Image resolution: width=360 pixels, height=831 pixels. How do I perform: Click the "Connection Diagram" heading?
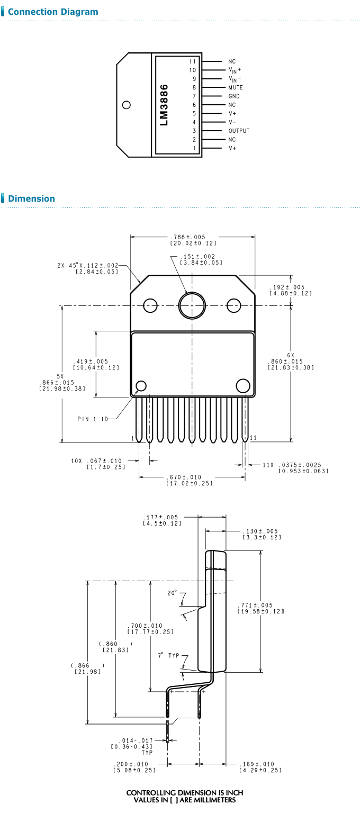tap(53, 12)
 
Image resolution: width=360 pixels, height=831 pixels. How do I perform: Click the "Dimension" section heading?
tap(31, 199)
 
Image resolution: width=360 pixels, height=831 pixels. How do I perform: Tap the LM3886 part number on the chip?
tap(164, 105)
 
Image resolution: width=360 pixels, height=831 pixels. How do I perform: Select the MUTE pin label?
tap(236, 87)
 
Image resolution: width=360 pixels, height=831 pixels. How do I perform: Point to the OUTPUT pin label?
tap(239, 131)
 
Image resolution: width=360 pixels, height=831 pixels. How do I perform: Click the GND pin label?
tap(234, 96)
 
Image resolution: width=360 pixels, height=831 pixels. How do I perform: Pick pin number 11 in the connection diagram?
tap(193, 61)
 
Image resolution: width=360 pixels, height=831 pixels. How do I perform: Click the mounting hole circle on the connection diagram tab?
tap(126, 105)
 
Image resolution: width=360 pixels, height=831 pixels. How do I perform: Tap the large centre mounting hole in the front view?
tap(192, 305)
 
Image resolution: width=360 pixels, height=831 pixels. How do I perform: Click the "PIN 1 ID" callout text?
tap(93, 419)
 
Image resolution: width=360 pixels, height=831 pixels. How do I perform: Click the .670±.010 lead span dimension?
tap(184, 477)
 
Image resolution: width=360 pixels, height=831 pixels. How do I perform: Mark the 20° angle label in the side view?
tap(172, 593)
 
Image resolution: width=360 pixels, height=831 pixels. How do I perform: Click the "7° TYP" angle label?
tap(169, 655)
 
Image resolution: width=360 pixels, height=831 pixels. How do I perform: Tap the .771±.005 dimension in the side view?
tap(256, 606)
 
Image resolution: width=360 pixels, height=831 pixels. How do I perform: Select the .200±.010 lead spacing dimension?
tap(132, 764)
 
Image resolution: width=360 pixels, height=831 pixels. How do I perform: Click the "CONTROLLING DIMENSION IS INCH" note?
tap(185, 792)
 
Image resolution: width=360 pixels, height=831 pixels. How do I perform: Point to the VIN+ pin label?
tap(235, 70)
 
